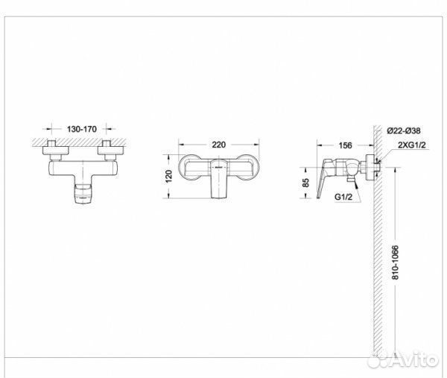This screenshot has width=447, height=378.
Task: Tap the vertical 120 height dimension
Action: coord(169,176)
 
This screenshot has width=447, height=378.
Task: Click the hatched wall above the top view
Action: coord(80,139)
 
